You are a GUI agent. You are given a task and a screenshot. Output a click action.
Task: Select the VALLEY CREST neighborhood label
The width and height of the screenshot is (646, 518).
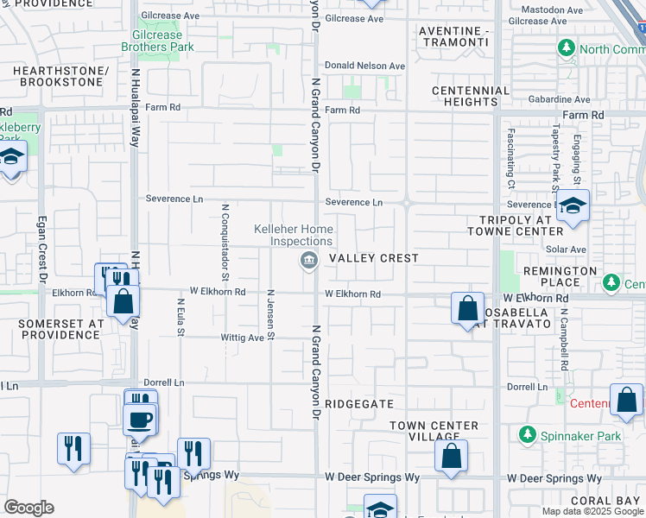click(x=373, y=258)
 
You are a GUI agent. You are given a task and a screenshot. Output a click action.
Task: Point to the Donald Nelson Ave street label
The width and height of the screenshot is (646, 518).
click(x=364, y=66)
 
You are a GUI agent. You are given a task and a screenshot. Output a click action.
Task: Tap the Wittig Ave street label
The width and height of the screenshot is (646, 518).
click(x=244, y=338)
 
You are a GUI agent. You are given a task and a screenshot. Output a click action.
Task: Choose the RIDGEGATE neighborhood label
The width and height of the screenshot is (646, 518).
click(x=360, y=404)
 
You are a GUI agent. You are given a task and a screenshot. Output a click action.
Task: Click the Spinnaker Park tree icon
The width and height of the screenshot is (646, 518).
click(x=525, y=436)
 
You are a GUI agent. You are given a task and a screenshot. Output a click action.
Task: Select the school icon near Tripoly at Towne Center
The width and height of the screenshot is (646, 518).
click(x=572, y=206)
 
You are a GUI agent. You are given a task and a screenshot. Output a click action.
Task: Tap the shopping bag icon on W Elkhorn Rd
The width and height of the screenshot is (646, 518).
click(x=467, y=307)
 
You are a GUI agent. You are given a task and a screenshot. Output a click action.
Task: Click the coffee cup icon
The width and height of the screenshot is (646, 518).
click(x=140, y=420)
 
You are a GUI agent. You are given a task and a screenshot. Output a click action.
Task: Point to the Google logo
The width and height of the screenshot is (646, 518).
click(x=28, y=508)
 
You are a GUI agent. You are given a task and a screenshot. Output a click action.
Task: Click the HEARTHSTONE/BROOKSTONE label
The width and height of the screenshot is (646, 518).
click(x=60, y=76)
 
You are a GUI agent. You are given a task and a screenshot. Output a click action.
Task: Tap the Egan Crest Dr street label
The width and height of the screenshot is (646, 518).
click(x=41, y=251)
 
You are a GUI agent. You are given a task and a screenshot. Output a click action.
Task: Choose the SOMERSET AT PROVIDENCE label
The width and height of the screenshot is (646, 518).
click(x=61, y=328)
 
